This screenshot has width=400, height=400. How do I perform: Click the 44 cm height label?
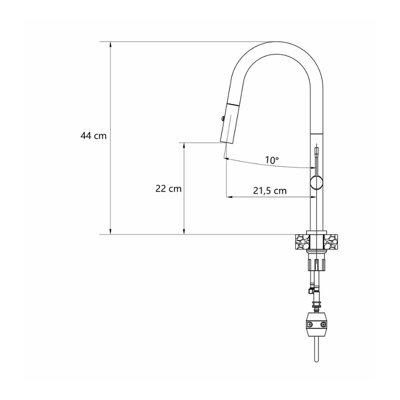click(x=93, y=136)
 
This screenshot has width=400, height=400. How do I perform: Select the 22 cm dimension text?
click(x=168, y=189)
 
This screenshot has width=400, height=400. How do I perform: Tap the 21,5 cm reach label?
click(x=269, y=190)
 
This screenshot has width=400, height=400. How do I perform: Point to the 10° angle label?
click(x=272, y=160)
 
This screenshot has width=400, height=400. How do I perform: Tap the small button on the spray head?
click(x=221, y=117)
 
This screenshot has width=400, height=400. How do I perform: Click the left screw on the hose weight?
click(x=310, y=324)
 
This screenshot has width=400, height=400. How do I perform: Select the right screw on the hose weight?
click(x=324, y=324)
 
